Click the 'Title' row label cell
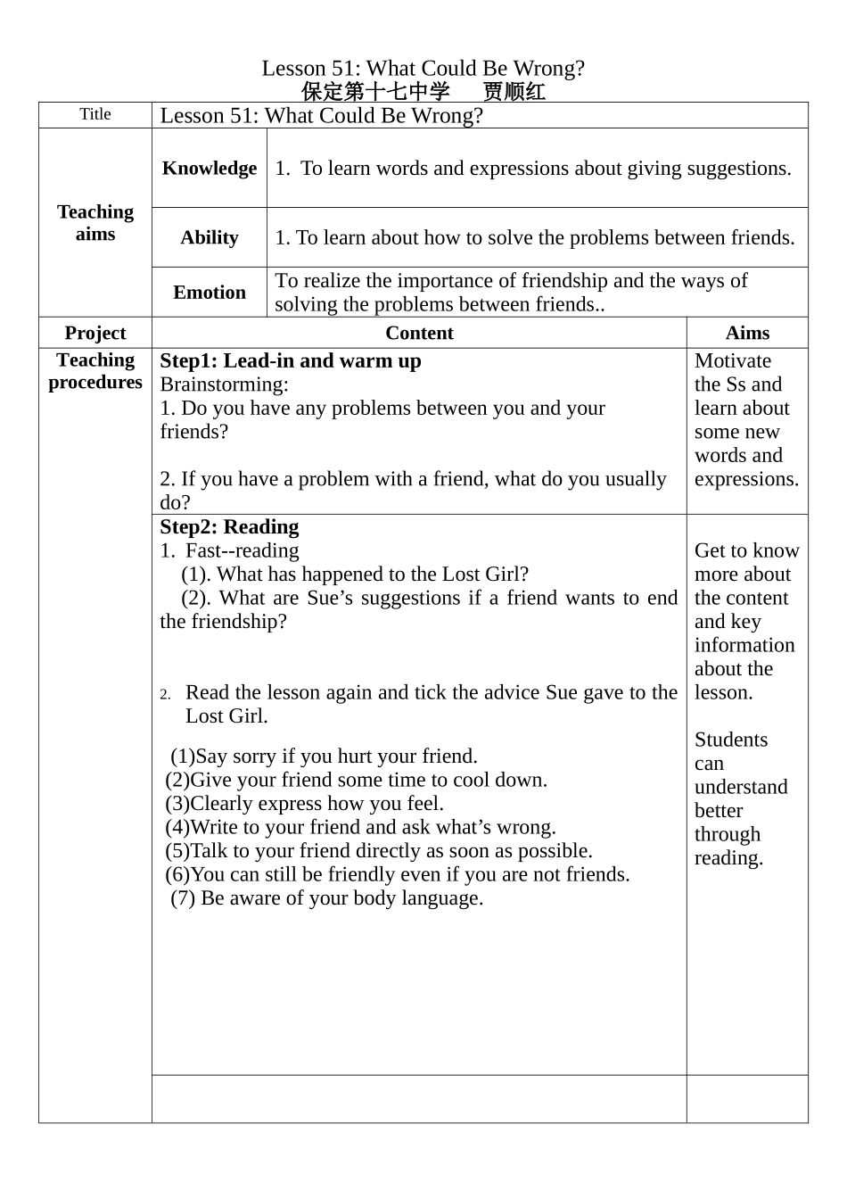pos(95,114)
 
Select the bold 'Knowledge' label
pos(210,168)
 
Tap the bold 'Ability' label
pos(210,237)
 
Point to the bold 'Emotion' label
pos(210,292)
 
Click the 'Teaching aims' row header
pos(95,222)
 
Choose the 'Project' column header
pos(95,333)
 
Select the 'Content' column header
pos(419,333)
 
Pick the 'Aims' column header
pos(747,333)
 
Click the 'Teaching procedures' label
pos(95,371)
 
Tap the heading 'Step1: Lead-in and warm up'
pos(291,360)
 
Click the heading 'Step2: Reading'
pos(229,526)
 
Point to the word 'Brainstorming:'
pos(225,385)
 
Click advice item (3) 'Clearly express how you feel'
pos(305,803)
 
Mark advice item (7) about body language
pos(327,897)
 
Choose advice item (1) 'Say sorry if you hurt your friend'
pos(325,756)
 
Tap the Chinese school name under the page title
pos(376,91)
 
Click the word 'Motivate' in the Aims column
pos(733,360)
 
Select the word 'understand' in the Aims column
pos(741,787)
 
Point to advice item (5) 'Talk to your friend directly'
pos(379,850)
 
